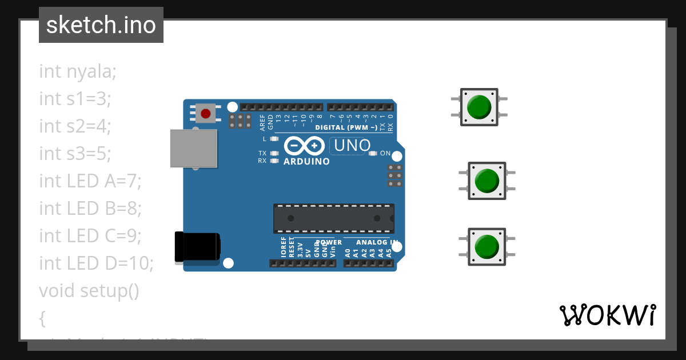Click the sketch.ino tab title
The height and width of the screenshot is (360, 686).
click(101, 25)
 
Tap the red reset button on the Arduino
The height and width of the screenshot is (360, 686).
click(205, 114)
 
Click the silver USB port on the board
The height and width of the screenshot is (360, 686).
click(194, 148)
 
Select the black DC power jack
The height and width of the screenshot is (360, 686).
click(197, 247)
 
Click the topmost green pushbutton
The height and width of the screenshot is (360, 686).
click(479, 107)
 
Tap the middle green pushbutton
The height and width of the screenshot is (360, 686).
click(487, 181)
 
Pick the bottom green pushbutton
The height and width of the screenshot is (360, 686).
click(487, 246)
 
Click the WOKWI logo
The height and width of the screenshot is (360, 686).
click(607, 315)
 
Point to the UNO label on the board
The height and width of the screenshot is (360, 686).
click(352, 146)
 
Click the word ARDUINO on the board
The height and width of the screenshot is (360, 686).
click(307, 162)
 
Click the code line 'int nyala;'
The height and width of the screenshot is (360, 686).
click(78, 71)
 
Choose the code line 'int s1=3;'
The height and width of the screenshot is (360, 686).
click(75, 99)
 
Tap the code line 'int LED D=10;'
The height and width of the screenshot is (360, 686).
click(96, 263)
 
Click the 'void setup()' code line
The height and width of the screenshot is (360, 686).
click(89, 290)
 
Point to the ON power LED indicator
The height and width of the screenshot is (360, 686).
click(373, 153)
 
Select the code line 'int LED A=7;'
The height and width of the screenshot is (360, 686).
click(90, 181)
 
